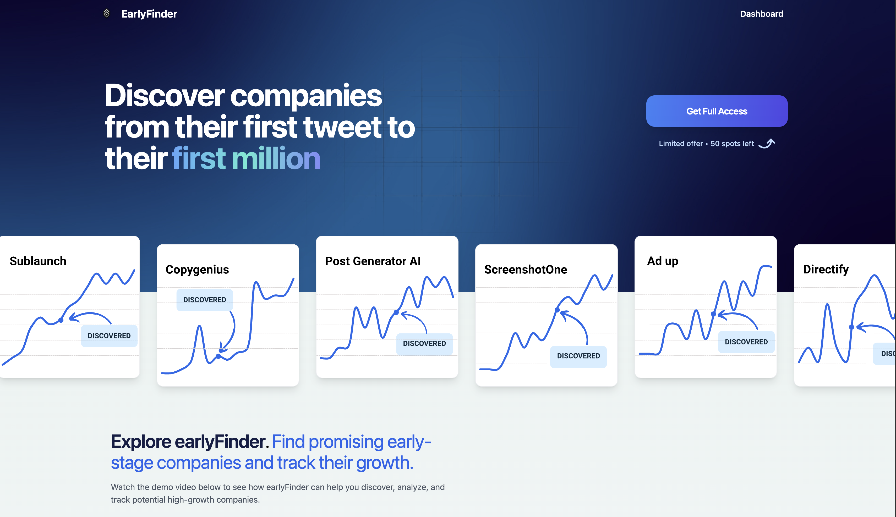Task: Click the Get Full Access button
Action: point(717,111)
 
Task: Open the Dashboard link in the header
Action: point(761,14)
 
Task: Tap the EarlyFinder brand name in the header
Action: point(149,14)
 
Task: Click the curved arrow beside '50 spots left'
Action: point(767,144)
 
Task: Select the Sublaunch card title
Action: point(38,261)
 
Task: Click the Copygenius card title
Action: point(197,269)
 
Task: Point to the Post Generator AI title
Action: point(373,261)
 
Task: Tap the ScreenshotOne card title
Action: point(526,269)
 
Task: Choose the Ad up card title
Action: point(663,261)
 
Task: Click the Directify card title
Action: point(826,269)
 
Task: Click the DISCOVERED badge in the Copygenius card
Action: point(205,300)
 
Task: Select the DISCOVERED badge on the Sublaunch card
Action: point(109,335)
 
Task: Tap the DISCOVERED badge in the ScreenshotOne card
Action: point(578,356)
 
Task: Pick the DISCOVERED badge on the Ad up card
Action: point(746,342)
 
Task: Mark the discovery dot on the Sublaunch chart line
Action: point(61,320)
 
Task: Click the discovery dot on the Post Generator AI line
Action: point(396,312)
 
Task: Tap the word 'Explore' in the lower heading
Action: point(141,442)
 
